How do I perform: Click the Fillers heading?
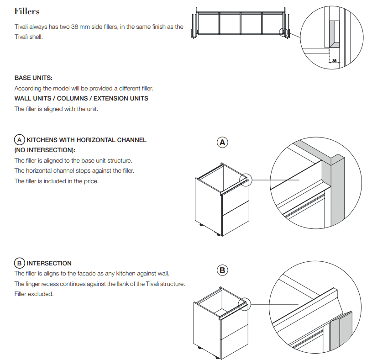point(26,11)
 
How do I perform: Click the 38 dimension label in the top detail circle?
point(334,61)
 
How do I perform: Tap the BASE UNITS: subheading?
point(33,78)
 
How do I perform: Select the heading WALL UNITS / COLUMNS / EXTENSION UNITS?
point(81,98)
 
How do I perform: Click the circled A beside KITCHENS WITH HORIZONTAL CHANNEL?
point(20,140)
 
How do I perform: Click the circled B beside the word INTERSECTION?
point(20,263)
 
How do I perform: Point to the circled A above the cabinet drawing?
point(222,143)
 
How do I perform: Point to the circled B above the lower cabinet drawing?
point(222,270)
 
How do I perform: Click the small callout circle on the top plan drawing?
point(283,32)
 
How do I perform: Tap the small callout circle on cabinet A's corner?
point(246,180)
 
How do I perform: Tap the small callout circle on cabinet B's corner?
point(244,304)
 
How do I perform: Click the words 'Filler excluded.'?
point(34,294)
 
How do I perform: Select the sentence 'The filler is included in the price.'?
point(57,181)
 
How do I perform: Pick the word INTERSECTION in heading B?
point(49,263)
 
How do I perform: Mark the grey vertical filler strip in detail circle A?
point(337,190)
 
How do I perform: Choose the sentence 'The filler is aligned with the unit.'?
point(56,109)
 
